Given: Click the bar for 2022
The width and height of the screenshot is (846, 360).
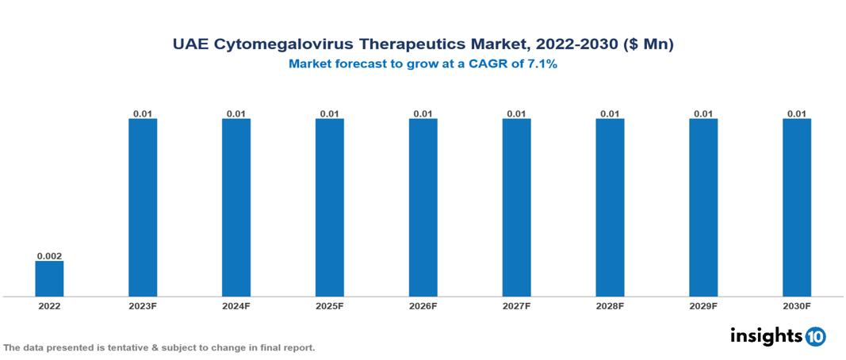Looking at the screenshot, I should click(49, 278).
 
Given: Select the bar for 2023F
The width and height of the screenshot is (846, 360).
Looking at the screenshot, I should click(143, 207).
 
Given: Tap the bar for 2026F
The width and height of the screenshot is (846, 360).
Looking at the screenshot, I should click(423, 207).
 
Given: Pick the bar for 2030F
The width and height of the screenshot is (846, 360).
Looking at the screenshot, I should click(797, 207).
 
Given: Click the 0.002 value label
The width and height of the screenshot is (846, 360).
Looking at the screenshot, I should click(49, 256).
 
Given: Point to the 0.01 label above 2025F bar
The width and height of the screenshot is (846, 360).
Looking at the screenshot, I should click(330, 113).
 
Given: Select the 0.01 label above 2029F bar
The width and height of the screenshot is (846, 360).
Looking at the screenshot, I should click(703, 113).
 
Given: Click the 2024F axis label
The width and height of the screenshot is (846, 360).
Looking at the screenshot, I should click(236, 306).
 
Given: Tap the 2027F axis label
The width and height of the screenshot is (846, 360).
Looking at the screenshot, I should click(517, 306).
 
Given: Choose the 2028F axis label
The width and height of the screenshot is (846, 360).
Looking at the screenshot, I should click(610, 306).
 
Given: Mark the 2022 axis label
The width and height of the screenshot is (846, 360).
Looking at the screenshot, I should click(49, 306).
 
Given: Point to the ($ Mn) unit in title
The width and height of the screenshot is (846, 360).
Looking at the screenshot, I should click(647, 45).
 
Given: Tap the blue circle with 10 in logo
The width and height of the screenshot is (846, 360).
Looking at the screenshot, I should click(815, 337).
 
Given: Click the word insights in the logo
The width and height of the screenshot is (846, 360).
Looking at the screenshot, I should click(766, 336).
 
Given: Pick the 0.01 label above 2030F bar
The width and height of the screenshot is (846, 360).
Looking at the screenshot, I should click(797, 113).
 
